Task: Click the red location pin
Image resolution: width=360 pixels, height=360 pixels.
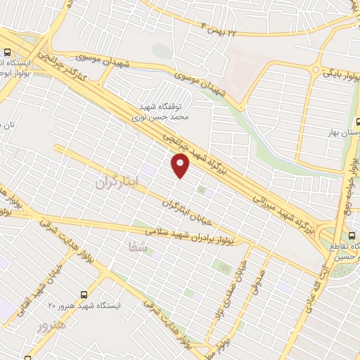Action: coord(181,165)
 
